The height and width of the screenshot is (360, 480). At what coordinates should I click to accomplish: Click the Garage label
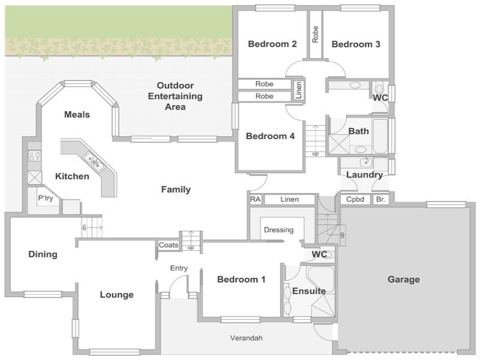tap(403, 280)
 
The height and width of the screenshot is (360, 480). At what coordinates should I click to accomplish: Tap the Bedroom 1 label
tap(241, 280)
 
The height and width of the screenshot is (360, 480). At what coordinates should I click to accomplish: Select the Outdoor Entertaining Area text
tap(175, 96)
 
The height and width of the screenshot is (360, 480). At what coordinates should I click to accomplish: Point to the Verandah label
tap(247, 338)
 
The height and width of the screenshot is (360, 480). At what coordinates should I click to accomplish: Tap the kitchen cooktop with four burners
tap(35, 156)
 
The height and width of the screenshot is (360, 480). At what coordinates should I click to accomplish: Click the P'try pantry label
tap(46, 199)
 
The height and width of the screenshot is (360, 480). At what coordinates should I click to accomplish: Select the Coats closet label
tap(169, 245)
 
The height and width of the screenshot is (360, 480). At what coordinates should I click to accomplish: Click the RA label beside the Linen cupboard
tap(256, 200)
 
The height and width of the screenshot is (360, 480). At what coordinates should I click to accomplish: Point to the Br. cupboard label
tap(381, 200)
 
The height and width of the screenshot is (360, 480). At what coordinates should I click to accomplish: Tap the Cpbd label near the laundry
tap(355, 200)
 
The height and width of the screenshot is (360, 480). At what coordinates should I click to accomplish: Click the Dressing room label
tap(278, 230)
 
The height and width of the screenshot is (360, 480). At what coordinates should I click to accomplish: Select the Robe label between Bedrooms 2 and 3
tap(316, 34)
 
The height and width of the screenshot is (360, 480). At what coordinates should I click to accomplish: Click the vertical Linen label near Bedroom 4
tap(299, 90)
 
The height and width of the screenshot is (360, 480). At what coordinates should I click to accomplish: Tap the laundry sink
tap(366, 162)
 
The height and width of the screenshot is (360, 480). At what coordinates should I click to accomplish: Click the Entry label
tap(179, 268)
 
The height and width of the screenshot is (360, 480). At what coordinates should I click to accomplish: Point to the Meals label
tap(77, 115)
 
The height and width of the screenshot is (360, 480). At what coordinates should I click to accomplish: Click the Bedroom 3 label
tap(356, 44)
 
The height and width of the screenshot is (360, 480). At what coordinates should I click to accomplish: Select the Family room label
tap(176, 190)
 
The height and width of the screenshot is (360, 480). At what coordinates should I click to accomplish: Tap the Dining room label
tap(43, 254)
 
